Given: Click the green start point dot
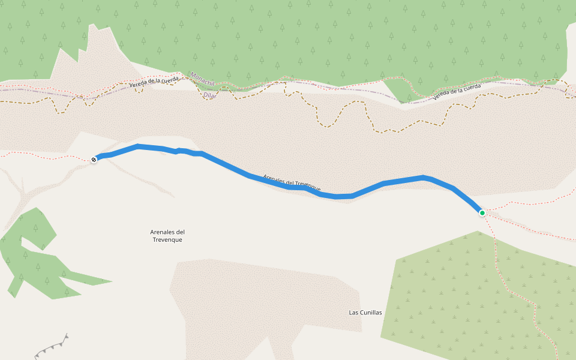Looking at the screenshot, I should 482,212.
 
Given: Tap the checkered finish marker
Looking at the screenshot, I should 94,159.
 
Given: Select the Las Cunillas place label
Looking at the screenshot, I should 365,313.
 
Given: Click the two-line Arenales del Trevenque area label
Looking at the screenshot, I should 167,236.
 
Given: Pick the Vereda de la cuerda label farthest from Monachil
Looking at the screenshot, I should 457,91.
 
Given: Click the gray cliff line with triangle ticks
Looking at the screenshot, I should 52,347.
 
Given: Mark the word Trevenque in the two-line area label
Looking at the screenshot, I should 167,240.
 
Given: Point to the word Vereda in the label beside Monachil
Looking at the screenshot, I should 139,84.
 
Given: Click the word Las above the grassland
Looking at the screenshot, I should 353,313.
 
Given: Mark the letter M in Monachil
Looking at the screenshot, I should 192,74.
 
